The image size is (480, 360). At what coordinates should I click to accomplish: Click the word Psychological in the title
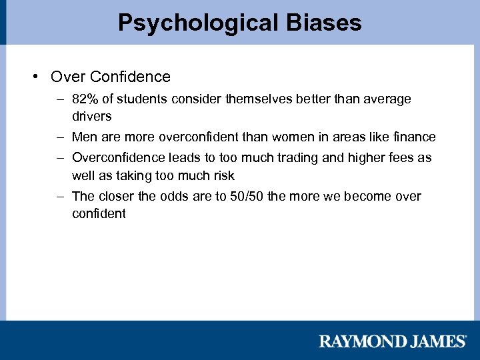pyautogui.click(x=195, y=23)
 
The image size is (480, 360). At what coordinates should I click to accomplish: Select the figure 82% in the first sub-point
pyautogui.click(x=85, y=99)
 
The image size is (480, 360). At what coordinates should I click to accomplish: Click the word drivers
pyautogui.click(x=91, y=116)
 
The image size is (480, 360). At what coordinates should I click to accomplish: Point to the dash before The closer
pyautogui.click(x=60, y=197)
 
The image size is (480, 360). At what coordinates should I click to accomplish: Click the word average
pyautogui.click(x=387, y=99)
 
